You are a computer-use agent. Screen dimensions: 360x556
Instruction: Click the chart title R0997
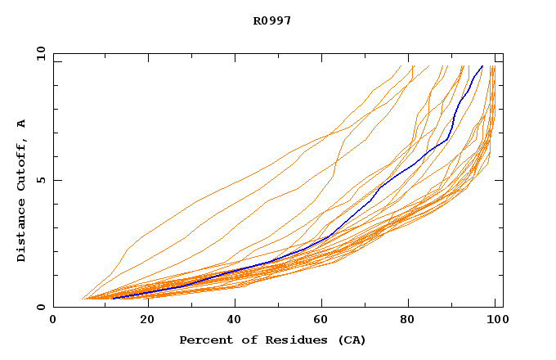(x=272, y=20)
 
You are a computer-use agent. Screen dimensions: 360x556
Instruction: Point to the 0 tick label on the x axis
(x=53, y=321)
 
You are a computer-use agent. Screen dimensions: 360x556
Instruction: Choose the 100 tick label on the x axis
(x=495, y=321)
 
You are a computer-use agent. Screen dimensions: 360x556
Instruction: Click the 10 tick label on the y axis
(x=40, y=54)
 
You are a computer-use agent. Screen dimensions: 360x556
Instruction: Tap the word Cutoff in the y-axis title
(x=22, y=164)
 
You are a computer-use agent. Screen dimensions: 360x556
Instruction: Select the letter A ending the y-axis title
(x=22, y=124)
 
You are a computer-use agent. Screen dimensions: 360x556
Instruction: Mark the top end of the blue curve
(x=482, y=65)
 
